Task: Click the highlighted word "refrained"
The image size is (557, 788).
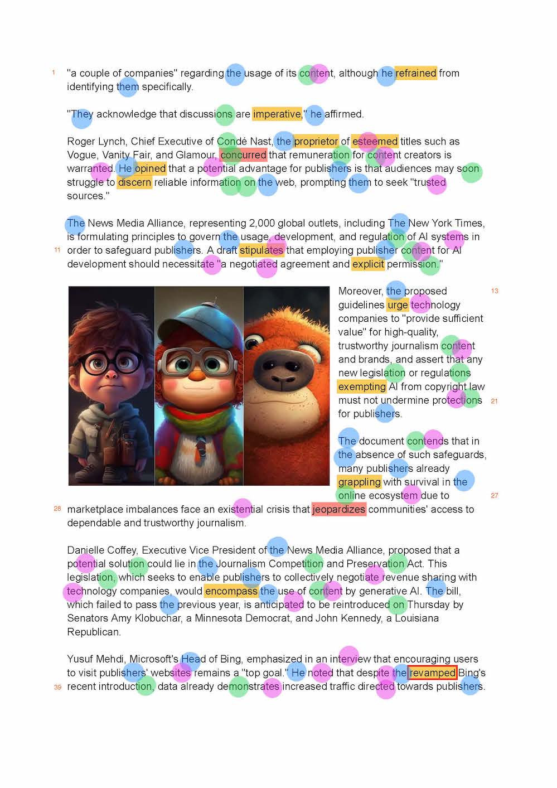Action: [x=416, y=73]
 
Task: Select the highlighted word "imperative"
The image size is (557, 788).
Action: [x=277, y=114]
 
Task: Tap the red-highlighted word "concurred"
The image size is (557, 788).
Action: [x=243, y=155]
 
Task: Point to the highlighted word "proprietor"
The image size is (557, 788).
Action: [x=316, y=142]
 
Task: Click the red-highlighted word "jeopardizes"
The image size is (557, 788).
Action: [x=339, y=509]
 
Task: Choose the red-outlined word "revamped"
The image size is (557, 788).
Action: [x=433, y=673]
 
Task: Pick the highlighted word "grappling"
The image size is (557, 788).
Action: [x=360, y=482]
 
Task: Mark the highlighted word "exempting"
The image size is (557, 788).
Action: [x=362, y=386]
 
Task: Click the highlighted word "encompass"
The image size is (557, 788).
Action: [x=231, y=591]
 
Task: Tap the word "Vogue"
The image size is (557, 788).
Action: [x=81, y=155]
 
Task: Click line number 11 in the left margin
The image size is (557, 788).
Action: [x=57, y=250]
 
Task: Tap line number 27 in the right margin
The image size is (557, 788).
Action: [x=495, y=495]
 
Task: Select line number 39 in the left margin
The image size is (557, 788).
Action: [x=57, y=687]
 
